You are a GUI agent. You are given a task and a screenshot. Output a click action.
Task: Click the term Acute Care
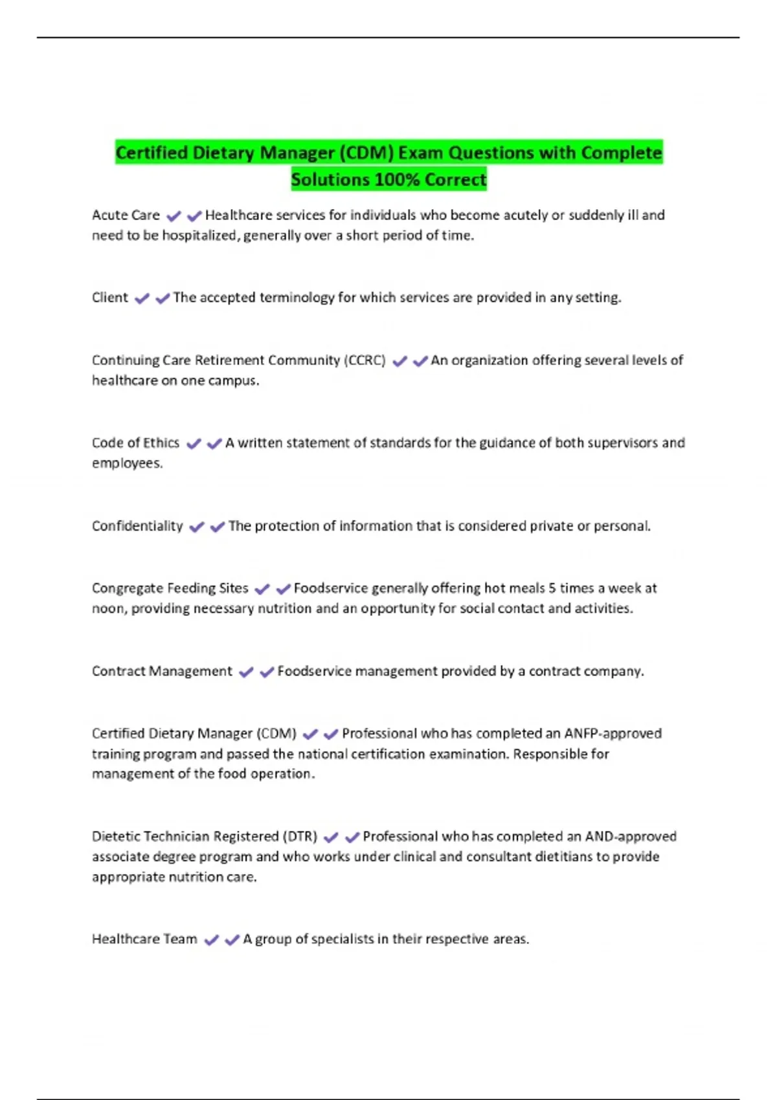pos(126,215)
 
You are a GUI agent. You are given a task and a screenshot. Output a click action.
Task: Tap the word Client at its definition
pos(110,298)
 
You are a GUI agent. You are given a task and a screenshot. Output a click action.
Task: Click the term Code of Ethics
pos(135,443)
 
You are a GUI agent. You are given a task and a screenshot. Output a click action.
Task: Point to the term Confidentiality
pos(137,526)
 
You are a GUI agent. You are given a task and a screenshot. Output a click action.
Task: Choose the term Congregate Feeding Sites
pos(170,588)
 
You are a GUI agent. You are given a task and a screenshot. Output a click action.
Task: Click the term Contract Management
pos(162,671)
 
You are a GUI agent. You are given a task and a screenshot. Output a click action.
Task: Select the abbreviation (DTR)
pos(300,837)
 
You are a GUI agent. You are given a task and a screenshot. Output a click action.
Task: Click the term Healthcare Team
pos(144,939)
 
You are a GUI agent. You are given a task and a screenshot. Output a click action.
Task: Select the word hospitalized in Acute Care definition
pos(199,236)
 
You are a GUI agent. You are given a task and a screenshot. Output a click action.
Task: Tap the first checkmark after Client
pos(142,298)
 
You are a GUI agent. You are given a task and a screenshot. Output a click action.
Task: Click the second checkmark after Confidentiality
pos(218,527)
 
